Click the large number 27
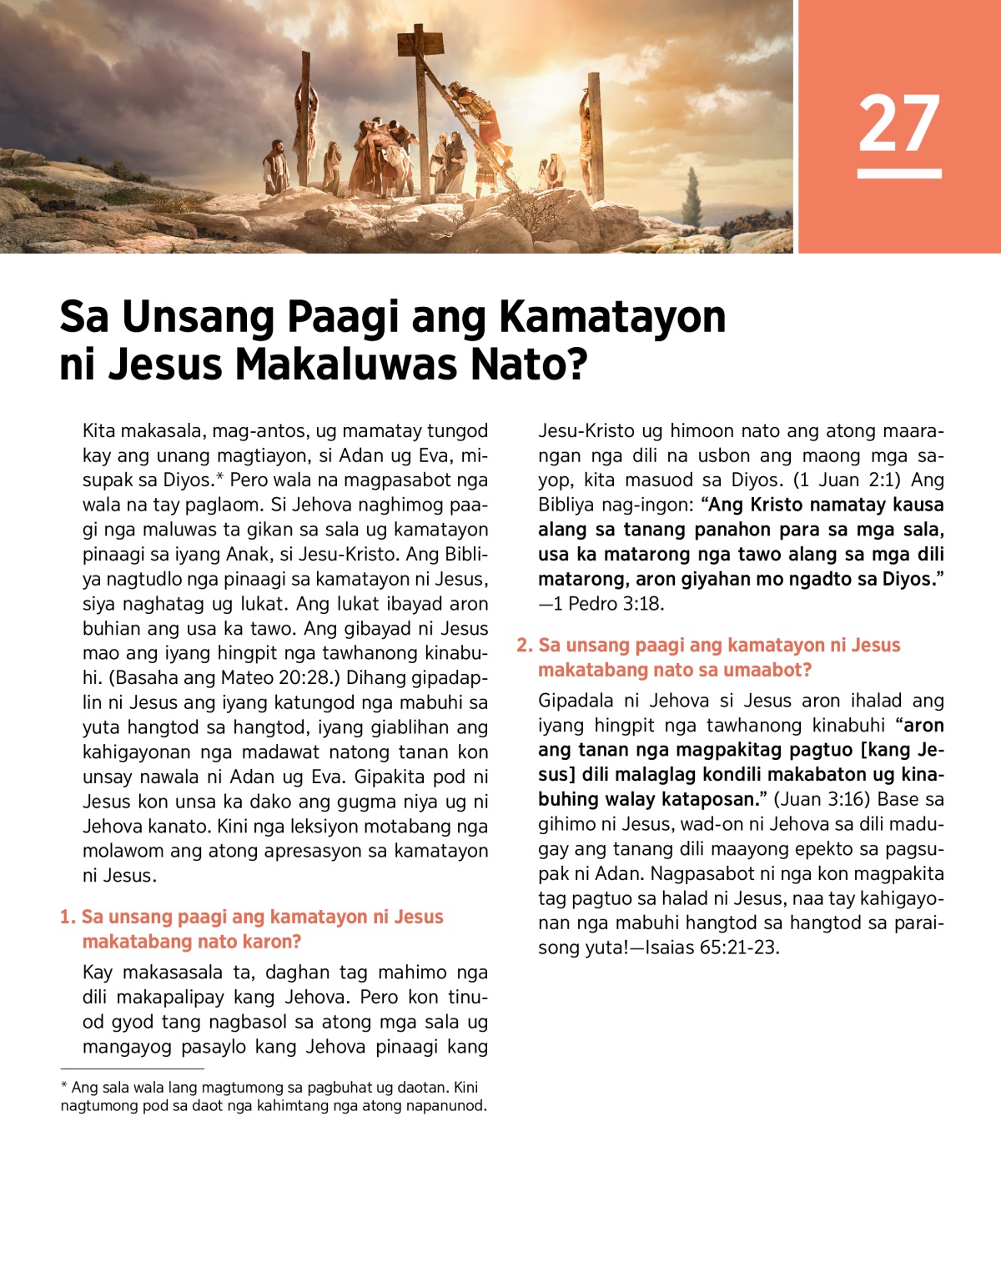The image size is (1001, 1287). click(x=898, y=123)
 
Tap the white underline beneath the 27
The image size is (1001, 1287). click(x=898, y=173)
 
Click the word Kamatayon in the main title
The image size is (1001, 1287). click(x=612, y=317)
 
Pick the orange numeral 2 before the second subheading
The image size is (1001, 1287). click(x=524, y=645)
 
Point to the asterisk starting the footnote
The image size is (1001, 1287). click(x=64, y=1086)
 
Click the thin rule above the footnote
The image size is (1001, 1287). click(x=132, y=1068)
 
